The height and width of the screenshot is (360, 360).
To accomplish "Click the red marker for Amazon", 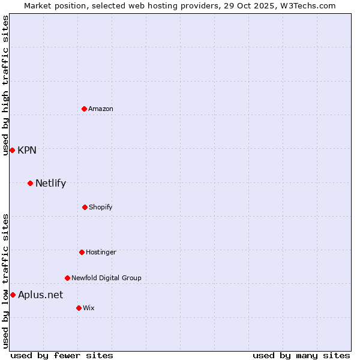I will pyautogui.click(x=84, y=109).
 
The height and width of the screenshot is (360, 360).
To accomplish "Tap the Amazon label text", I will pyautogui.click(x=101, y=109).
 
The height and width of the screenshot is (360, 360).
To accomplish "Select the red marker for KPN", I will pyautogui.click(x=12, y=150).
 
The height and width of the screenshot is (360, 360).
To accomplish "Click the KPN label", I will pyautogui.click(x=27, y=151).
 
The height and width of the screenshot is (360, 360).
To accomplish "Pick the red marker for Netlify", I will pyautogui.click(x=30, y=183).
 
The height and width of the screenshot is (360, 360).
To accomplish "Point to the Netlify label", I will pyautogui.click(x=50, y=184).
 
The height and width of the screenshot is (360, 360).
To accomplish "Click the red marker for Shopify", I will pyautogui.click(x=85, y=207).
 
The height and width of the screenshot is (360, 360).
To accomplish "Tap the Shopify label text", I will pyautogui.click(x=101, y=208).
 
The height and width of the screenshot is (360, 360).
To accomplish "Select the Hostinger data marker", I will pyautogui.click(x=82, y=252).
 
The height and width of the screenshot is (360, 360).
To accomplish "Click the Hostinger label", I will pyautogui.click(x=101, y=253).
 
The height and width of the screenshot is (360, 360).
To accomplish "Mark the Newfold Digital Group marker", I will pyautogui.click(x=67, y=278).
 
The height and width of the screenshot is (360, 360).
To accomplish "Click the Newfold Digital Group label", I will pyautogui.click(x=106, y=278).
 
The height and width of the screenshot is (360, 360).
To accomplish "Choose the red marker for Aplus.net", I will pyautogui.click(x=13, y=295).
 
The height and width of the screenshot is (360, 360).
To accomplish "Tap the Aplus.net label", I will pyautogui.click(x=40, y=295).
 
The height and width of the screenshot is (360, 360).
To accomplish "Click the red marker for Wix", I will pyautogui.click(x=79, y=308).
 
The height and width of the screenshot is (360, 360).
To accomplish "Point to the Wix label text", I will pyautogui.click(x=89, y=308).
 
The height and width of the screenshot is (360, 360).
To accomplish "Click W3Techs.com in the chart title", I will pyautogui.click(x=305, y=6).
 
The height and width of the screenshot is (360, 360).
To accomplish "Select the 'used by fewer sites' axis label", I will pyautogui.click(x=62, y=355).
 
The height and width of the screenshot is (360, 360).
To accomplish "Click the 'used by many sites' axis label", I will pyautogui.click(x=301, y=355).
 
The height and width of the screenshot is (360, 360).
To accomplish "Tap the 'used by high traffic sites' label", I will pyautogui.click(x=5, y=85).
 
